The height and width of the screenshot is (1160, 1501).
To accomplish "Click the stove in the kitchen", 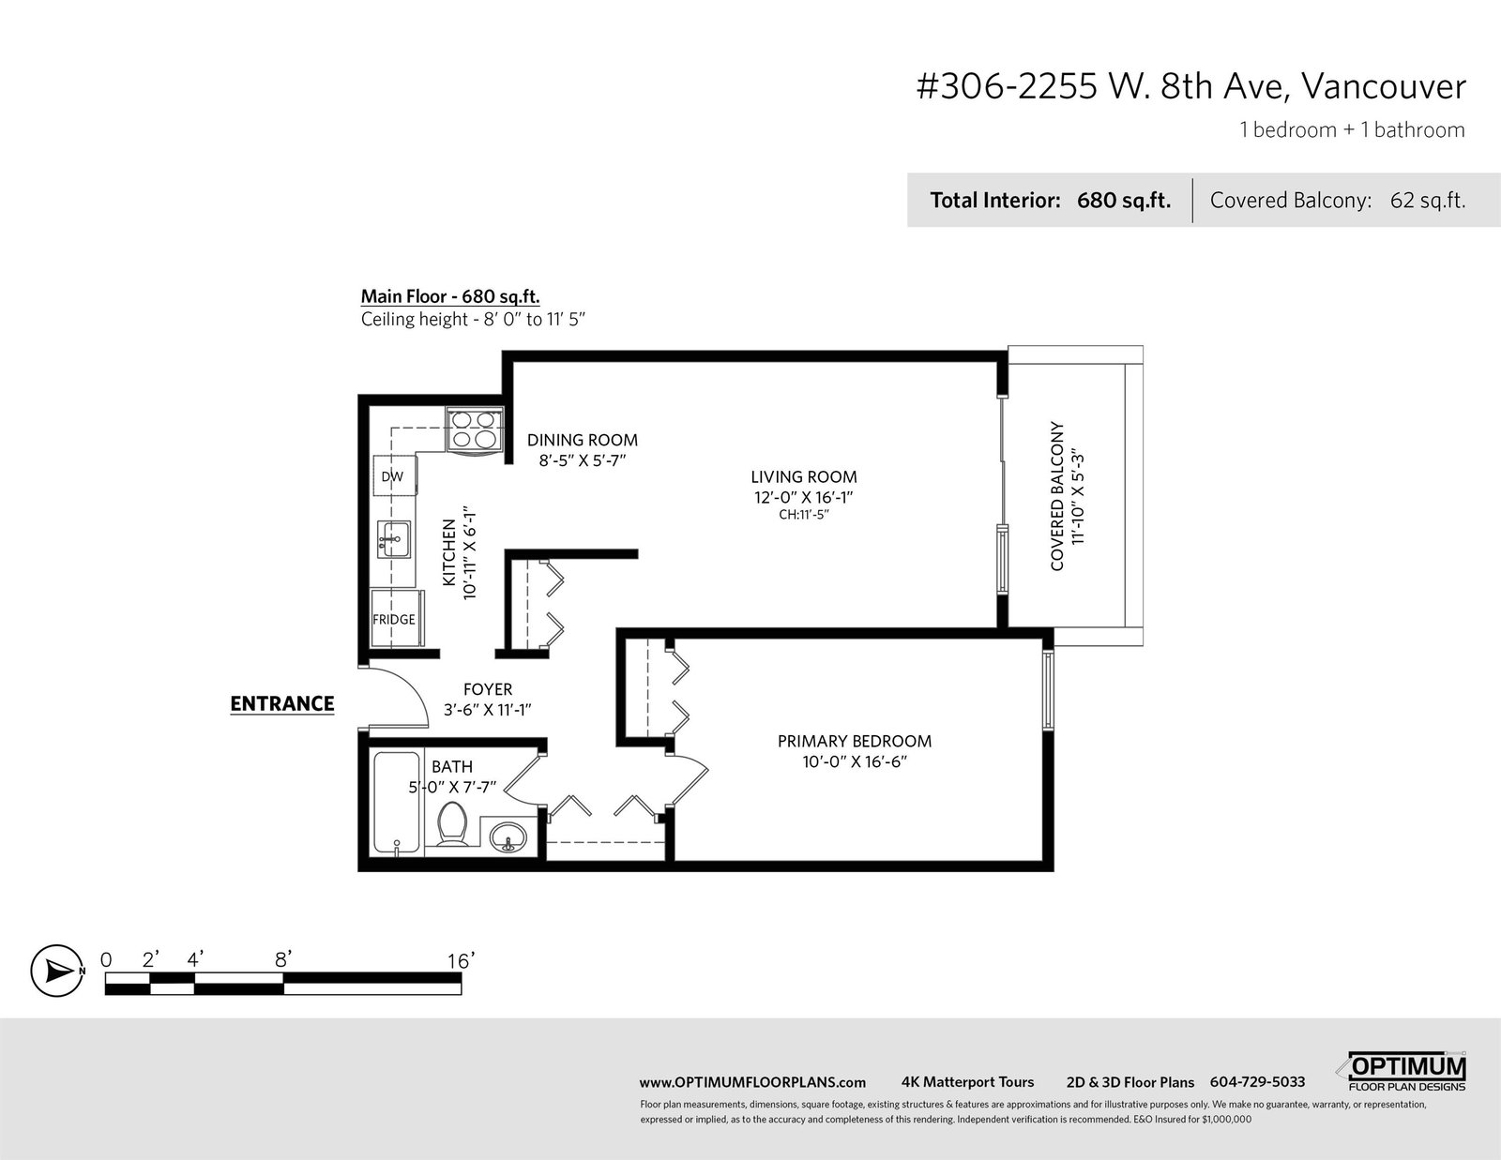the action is coord(476,429).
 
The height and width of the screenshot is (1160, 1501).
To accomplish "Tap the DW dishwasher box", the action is coord(394,475).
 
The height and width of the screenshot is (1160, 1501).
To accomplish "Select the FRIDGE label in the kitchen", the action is coord(394,619).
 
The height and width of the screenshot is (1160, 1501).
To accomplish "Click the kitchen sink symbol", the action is coord(394,539).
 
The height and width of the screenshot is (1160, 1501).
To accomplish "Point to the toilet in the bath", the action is coord(453,823).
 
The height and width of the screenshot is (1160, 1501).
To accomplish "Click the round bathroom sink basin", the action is coord(508,838).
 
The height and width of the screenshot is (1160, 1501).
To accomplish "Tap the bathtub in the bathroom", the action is coord(397,803).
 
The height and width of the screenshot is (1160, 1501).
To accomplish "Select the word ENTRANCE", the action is coord(281,703).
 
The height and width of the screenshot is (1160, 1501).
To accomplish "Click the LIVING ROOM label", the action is coord(804,476).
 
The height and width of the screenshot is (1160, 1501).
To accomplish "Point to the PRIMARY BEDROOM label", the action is coord(855,741).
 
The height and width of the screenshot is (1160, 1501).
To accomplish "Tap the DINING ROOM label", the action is coord(583,440).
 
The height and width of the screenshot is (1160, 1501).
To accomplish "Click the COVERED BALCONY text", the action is coord(1057,496).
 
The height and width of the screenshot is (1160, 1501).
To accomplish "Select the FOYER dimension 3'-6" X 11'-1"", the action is coord(488,709).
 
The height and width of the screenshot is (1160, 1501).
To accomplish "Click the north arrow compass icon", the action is coord(57,971).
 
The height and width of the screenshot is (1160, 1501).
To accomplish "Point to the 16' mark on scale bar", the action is coord(461,960).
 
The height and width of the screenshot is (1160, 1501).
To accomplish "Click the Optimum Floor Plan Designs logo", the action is coord(1402,1072).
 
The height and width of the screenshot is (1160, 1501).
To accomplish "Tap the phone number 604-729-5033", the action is coord(1257,1082).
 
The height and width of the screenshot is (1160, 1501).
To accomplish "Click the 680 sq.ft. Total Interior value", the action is coord(1124,201).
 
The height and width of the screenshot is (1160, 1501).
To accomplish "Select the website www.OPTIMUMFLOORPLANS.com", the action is coord(752,1082).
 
